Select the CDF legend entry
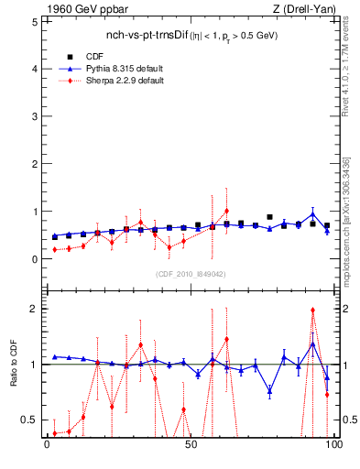pos(94,56)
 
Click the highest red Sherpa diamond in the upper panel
pos(226,211)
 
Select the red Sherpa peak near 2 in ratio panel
pos(312,310)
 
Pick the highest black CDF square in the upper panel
pos(269,217)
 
